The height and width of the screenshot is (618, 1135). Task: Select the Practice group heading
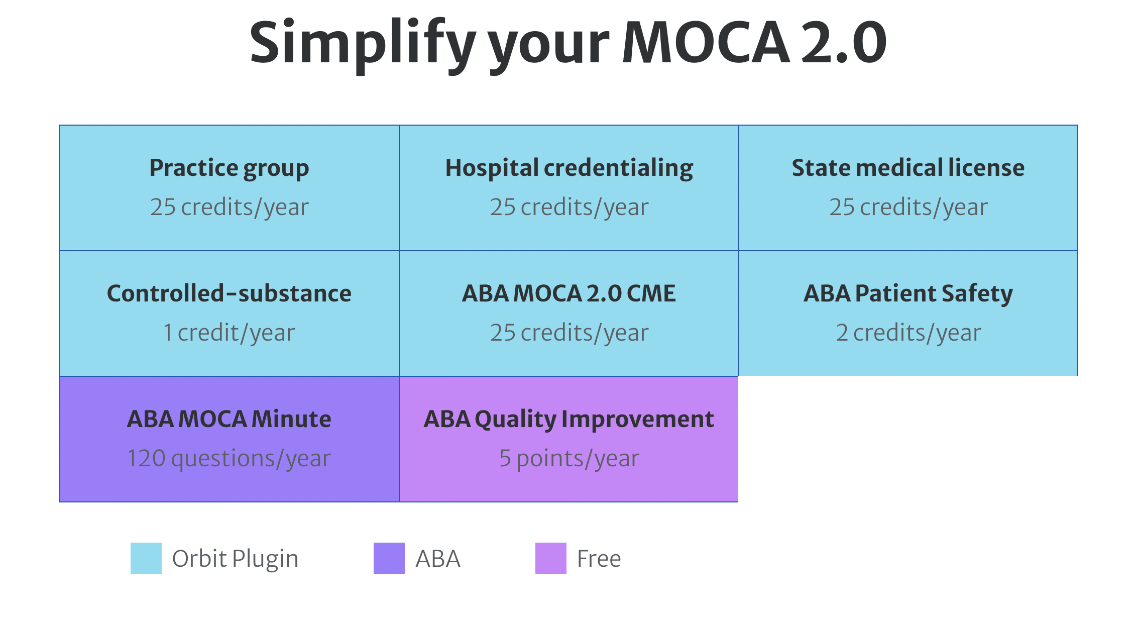pos(229,168)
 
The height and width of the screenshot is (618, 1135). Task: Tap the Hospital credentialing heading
pos(569,168)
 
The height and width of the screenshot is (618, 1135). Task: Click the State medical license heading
pos(908,168)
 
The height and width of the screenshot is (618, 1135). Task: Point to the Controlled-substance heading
pos(229,293)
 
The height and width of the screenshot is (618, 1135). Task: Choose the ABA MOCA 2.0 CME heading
pos(569,293)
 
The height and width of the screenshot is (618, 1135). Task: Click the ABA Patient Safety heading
pos(908,293)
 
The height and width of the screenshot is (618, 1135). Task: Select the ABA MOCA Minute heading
pos(229,419)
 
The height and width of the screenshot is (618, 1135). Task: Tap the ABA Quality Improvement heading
pos(569,419)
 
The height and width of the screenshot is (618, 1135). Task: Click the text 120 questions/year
pos(229,458)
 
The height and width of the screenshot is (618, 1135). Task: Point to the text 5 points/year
pos(569,458)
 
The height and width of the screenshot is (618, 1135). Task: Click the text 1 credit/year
pos(229,333)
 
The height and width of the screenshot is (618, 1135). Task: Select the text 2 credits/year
pos(908,333)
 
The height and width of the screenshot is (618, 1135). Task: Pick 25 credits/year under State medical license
pos(908,207)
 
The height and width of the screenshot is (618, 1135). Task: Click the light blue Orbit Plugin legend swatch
pos(146,558)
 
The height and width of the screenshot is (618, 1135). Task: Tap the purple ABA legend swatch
pos(389,558)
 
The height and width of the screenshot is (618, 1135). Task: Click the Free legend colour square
pos(551,558)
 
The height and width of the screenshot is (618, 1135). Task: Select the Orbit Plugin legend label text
pos(235,559)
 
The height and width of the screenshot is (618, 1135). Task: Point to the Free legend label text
pos(599,559)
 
